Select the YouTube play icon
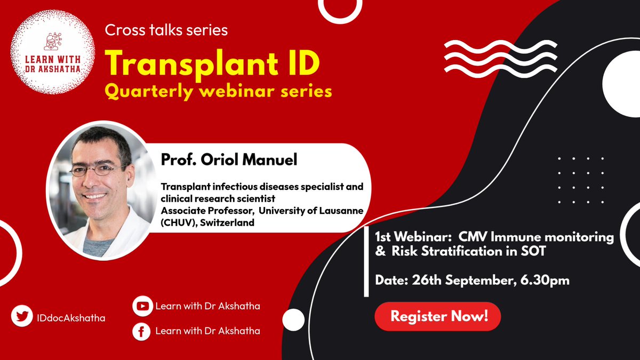click(x=142, y=306)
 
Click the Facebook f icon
click(x=142, y=331)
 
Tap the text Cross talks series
click(x=166, y=30)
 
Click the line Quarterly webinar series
click(x=219, y=91)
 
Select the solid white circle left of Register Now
click(x=293, y=320)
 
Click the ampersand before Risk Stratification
click(x=380, y=252)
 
